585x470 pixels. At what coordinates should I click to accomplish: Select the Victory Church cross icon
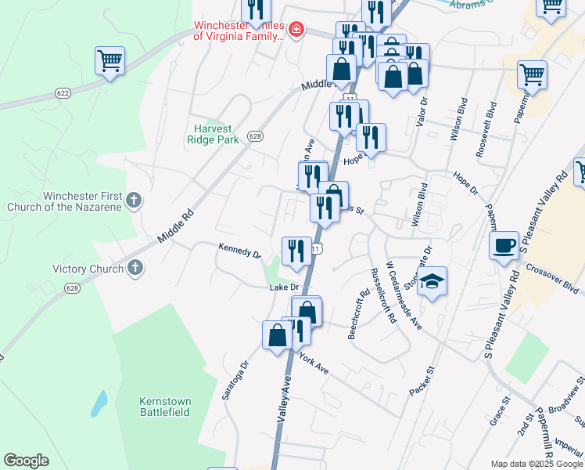[x=135, y=269]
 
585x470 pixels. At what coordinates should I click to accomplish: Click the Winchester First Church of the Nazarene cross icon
[x=133, y=201]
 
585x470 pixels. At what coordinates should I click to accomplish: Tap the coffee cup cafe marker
[x=504, y=246]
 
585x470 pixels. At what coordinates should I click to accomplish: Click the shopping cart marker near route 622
[x=110, y=61]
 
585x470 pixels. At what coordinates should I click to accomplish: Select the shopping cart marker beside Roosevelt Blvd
[x=532, y=76]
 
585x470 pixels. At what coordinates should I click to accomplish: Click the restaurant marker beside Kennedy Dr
[x=296, y=251]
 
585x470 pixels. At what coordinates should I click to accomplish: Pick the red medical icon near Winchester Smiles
[x=296, y=31]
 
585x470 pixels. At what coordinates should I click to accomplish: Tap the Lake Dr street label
[x=284, y=287]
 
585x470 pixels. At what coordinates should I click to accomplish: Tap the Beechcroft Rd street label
[x=356, y=316]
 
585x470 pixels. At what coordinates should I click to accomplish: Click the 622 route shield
[x=63, y=92]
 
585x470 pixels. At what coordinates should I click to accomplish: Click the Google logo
[x=26, y=460]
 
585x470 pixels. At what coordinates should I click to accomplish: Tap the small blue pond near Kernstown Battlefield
[x=99, y=403]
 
